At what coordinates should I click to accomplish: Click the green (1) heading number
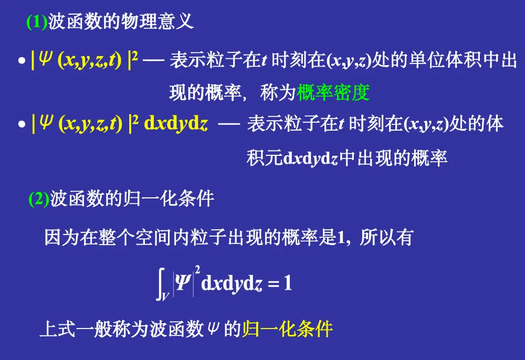point(37,22)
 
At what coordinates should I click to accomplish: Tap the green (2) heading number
point(39,199)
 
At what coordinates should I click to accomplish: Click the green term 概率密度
point(333,92)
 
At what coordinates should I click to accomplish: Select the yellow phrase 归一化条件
point(287,329)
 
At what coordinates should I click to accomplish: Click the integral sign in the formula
point(160,284)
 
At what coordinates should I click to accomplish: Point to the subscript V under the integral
point(165,296)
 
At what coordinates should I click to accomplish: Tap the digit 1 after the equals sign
point(288,283)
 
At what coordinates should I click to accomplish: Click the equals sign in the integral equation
point(274,284)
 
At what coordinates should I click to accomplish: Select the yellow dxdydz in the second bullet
point(176,123)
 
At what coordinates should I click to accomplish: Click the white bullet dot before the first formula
point(22,60)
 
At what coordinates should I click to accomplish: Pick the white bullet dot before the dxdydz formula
point(22,124)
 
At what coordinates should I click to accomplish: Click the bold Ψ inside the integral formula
point(183,282)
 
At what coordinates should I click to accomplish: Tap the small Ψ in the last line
point(213,328)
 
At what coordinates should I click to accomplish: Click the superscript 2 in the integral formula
point(197,270)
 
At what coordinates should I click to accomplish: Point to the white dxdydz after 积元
point(310,158)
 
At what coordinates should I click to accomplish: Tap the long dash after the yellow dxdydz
point(229,124)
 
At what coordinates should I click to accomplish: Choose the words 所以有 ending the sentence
point(386,237)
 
